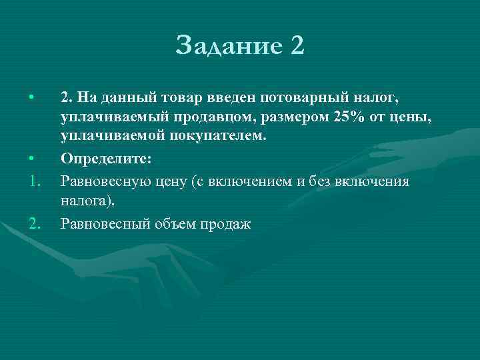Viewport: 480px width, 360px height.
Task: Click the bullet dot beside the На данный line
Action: (x=31, y=99)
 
